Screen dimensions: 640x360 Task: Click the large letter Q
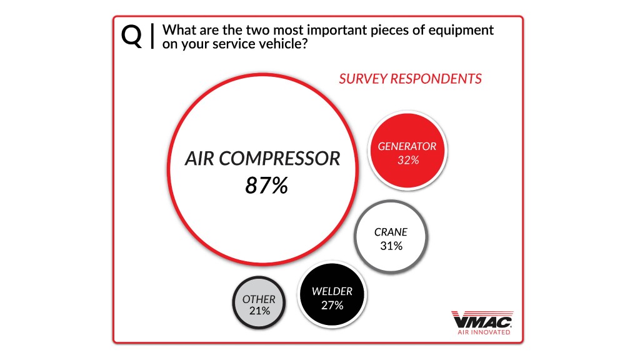pos(131,37)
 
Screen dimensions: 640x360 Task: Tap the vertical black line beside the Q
pos(152,36)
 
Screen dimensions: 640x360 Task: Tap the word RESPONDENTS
pos(436,79)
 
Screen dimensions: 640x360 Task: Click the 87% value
pos(266,185)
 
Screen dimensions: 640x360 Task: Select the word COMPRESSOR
pos(279,158)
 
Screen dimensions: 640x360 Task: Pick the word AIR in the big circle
pos(199,158)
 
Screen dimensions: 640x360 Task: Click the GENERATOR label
pos(407,146)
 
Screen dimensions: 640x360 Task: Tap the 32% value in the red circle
pos(408,160)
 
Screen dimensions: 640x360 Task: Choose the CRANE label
pos(391,232)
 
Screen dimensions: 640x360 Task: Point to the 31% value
pos(391,246)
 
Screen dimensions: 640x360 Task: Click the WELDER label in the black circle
pos(332,291)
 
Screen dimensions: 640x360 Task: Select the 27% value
pos(332,305)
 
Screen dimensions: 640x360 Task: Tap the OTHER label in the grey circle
pos(259,299)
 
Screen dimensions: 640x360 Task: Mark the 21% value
pos(259,311)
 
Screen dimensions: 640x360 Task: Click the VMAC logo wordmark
pos(482,321)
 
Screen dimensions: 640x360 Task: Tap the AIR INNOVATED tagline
pos(484,332)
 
